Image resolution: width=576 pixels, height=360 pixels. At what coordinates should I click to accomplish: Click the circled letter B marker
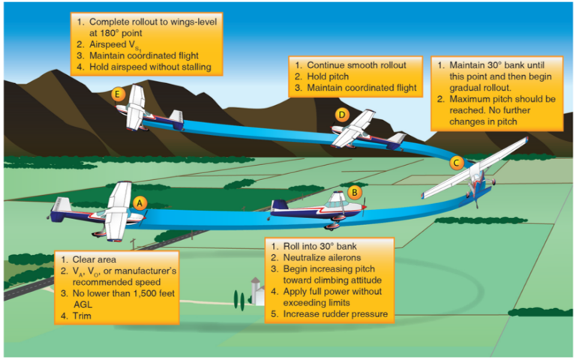[355, 192]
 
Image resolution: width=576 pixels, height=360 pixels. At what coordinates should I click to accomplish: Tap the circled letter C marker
[455, 162]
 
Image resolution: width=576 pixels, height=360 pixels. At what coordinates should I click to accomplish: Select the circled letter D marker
[343, 115]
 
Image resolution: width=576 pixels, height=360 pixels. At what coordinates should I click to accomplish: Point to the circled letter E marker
[116, 94]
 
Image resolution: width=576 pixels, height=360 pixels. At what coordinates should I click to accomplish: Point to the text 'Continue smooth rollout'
[356, 65]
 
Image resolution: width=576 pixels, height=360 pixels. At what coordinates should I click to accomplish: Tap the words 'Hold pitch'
[331, 76]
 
